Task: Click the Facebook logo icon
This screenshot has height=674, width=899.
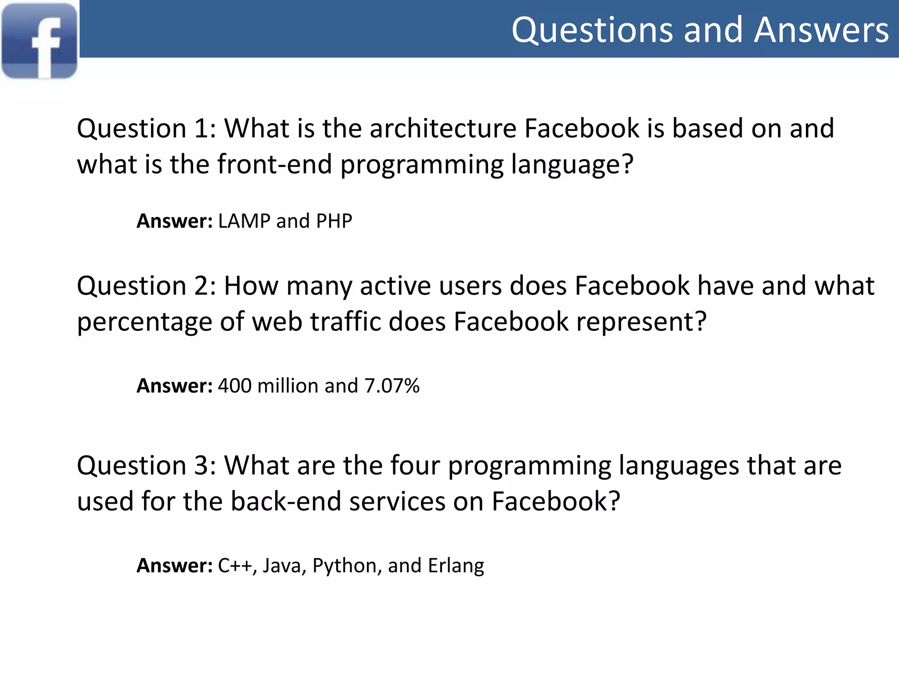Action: [x=40, y=41]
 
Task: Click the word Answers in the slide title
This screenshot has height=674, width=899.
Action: [x=821, y=30]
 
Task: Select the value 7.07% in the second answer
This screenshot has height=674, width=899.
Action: [x=392, y=386]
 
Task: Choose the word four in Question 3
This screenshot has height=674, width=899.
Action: [x=415, y=466]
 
